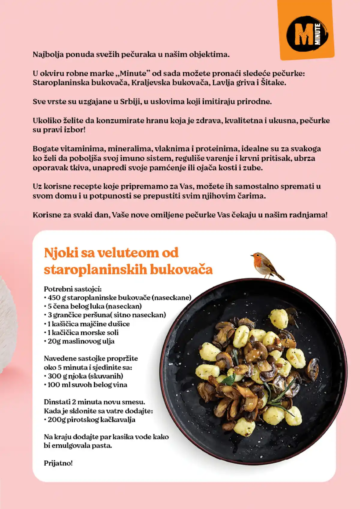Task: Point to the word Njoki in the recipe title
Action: coord(61,253)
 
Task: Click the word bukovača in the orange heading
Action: coord(181,269)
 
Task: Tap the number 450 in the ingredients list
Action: coord(54,298)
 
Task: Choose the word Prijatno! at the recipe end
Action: coord(58,463)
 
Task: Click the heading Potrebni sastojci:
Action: coord(73,289)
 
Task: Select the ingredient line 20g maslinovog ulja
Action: coord(81,341)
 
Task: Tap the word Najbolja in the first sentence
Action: coord(48,55)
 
